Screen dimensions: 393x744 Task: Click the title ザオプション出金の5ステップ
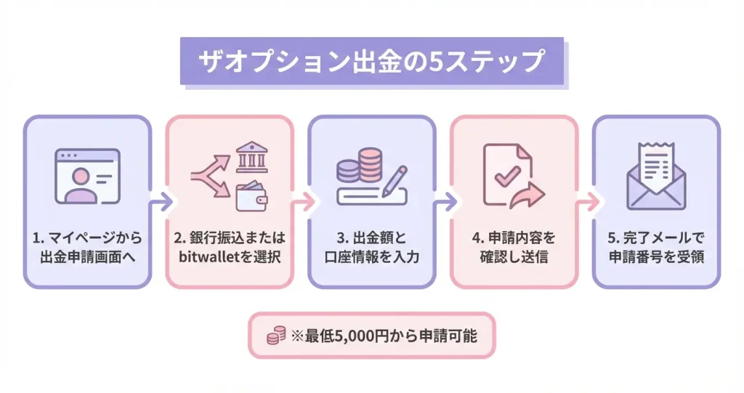pyautogui.click(x=371, y=61)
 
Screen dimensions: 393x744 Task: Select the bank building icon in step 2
pyautogui.click(x=251, y=157)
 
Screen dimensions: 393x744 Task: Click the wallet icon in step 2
pyautogui.click(x=251, y=193)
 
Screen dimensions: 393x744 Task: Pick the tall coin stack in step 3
pyautogui.click(x=371, y=165)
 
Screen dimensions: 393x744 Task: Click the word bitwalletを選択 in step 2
pyautogui.click(x=230, y=256)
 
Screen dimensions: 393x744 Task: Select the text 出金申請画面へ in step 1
pyautogui.click(x=88, y=256)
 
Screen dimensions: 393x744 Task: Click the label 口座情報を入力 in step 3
pyautogui.click(x=371, y=256)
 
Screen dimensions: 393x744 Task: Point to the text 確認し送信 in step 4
pyautogui.click(x=514, y=256)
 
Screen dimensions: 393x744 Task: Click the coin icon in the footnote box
pyautogui.click(x=275, y=336)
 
